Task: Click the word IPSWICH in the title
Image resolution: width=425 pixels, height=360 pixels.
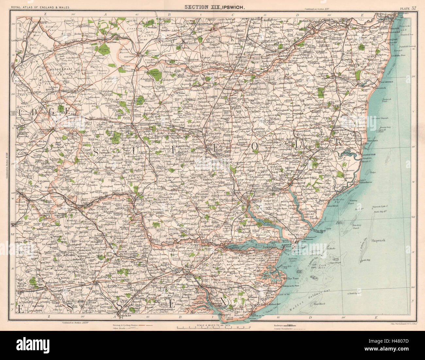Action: [x=232, y=7]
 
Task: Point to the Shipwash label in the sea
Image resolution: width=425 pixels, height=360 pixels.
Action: [x=378, y=240]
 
